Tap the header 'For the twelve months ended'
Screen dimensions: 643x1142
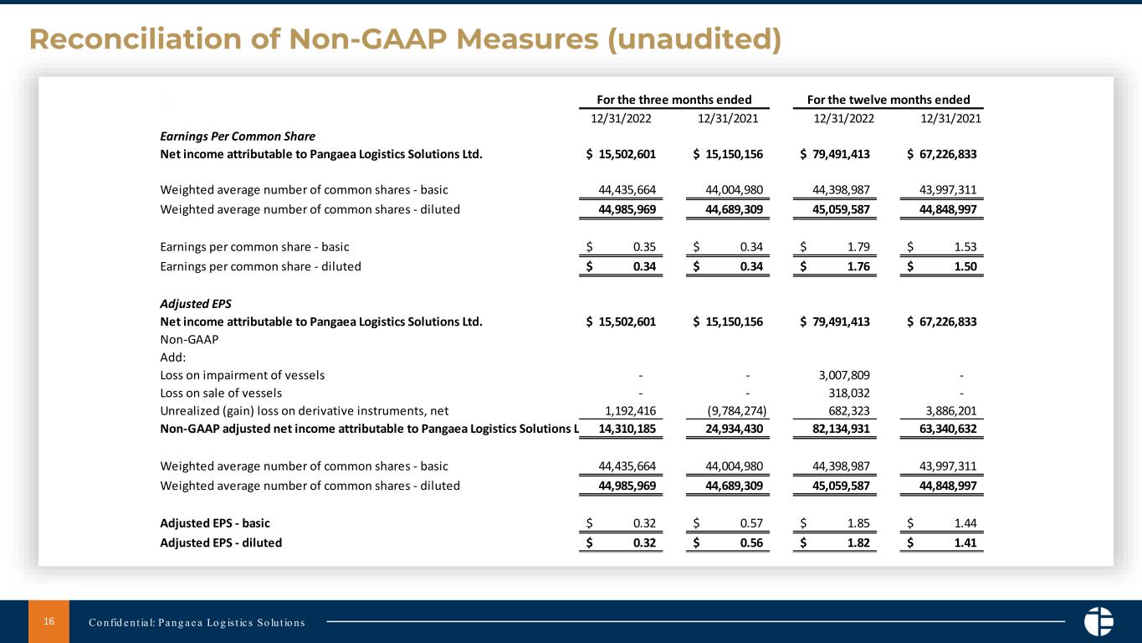pos(889,100)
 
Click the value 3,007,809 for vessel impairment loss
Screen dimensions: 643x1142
pos(843,375)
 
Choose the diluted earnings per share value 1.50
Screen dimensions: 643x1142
pos(964,267)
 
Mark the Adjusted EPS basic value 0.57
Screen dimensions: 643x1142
pos(750,524)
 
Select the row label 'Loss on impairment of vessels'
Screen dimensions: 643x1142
pos(243,375)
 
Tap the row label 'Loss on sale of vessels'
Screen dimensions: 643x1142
pos(221,393)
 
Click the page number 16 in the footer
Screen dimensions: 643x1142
pos(49,621)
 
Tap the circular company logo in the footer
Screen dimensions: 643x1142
pos(1098,621)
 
